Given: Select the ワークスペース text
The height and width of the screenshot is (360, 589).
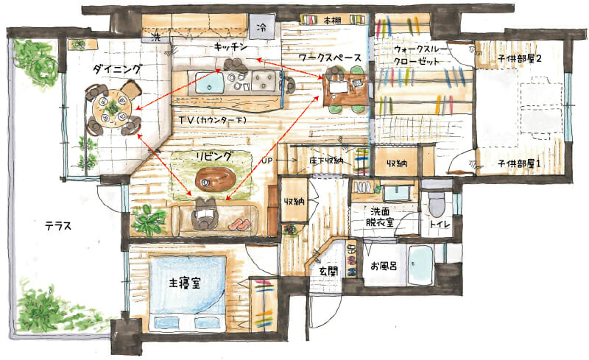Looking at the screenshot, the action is (330, 57).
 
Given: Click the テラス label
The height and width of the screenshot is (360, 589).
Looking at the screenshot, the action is (58, 226).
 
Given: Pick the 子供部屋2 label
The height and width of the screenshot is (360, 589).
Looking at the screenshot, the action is (520, 59).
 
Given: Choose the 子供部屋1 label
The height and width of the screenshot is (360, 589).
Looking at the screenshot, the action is (519, 163).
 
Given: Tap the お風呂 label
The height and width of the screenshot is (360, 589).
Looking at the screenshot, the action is (384, 267).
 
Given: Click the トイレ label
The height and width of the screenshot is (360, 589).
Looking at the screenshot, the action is (440, 225).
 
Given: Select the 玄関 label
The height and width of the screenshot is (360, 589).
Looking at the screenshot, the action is (328, 272).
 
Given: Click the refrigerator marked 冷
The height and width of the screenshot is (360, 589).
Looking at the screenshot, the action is (262, 27).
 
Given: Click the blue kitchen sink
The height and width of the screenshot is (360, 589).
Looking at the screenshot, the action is (210, 83).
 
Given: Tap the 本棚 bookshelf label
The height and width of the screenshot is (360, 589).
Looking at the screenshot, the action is (333, 21).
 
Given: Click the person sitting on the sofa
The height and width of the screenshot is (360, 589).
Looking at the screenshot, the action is (205, 214).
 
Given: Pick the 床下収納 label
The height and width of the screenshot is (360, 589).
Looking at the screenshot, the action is (326, 161).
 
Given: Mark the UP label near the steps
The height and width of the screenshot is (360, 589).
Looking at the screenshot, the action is (267, 160).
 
